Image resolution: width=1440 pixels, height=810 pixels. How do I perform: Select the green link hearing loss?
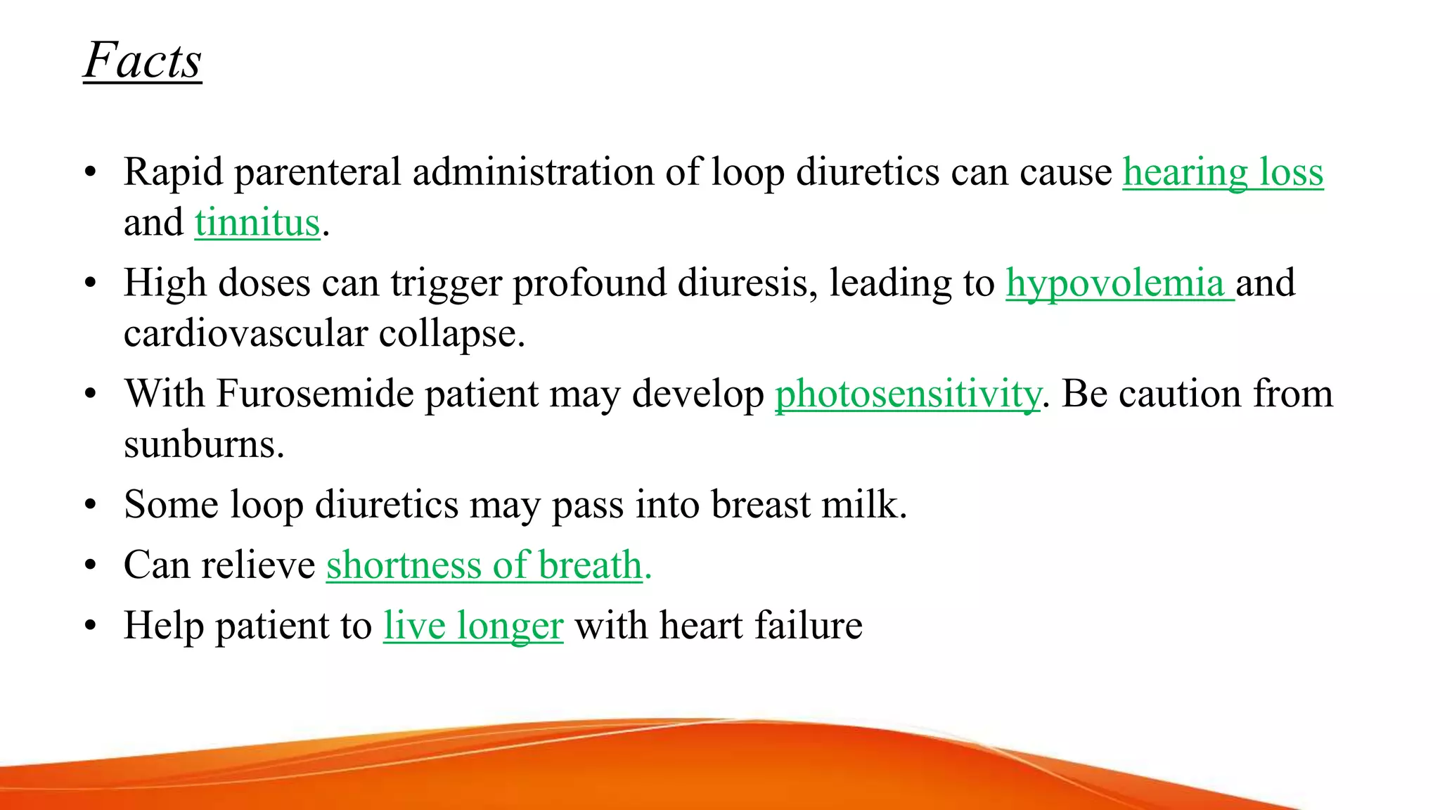[x=1223, y=172]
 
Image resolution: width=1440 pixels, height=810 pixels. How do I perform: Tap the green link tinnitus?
[x=257, y=223]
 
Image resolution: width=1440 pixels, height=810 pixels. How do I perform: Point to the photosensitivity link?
[x=908, y=394]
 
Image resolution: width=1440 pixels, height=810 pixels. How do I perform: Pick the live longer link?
[x=473, y=626]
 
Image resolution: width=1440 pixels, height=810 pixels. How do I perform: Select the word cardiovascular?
[x=245, y=334]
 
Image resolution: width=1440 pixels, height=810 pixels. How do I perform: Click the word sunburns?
[x=204, y=444]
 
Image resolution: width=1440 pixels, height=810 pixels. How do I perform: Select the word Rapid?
[x=173, y=172]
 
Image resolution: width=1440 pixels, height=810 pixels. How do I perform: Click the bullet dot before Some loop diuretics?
[x=90, y=505]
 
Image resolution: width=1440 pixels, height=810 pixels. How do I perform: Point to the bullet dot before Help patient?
[x=90, y=626]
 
